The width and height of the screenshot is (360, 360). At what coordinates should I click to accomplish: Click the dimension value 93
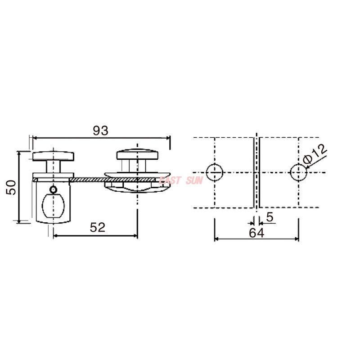point(100,131)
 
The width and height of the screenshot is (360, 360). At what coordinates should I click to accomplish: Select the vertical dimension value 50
point(11,187)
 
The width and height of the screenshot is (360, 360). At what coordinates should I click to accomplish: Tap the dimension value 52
point(98,228)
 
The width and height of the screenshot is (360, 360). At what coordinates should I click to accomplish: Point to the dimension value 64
point(256,233)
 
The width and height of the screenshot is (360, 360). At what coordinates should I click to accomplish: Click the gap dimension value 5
point(270,217)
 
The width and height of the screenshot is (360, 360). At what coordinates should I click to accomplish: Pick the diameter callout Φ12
point(315,154)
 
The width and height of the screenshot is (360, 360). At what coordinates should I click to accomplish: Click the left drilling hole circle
point(215,172)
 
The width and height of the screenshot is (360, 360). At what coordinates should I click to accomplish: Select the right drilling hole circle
point(298,172)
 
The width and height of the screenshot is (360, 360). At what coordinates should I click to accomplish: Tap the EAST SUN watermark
point(181,180)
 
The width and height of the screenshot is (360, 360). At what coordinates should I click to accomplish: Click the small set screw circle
point(54,189)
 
